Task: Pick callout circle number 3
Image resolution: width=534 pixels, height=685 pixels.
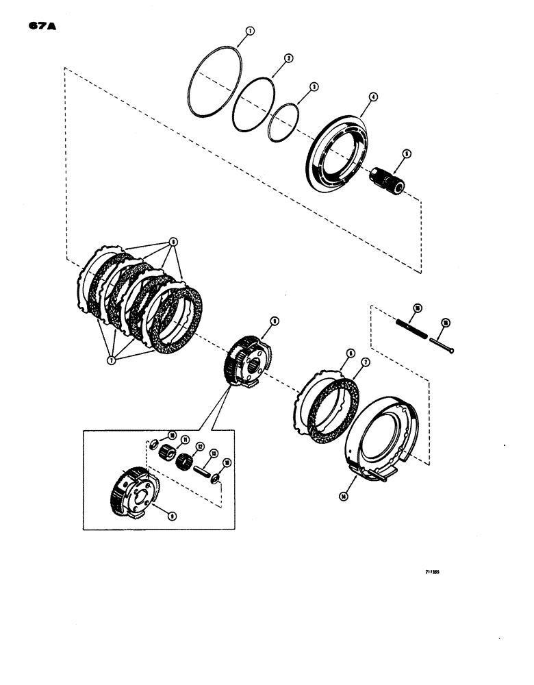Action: tap(314, 87)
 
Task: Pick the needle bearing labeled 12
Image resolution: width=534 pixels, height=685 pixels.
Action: tap(186, 462)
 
